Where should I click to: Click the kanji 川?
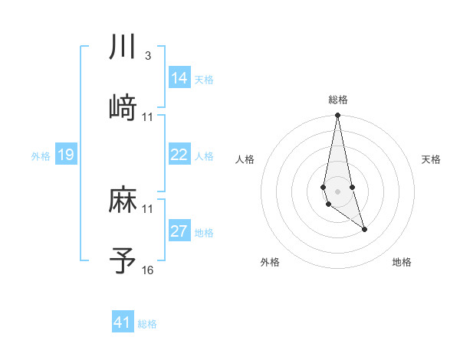[123, 47]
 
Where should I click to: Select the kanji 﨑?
[123, 107]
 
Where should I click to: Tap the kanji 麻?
[123, 201]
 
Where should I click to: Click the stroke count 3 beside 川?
[147, 57]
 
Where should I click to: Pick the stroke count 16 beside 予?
[148, 270]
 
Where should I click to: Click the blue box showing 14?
[179, 78]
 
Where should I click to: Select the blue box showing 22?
[179, 155]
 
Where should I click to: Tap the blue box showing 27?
[179, 231]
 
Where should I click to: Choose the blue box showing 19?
[66, 155]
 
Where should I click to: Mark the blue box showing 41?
[123, 322]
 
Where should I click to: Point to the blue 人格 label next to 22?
[204, 156]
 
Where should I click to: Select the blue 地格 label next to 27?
[204, 233]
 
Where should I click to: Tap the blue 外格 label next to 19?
[41, 156]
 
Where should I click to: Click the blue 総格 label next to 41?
[147, 324]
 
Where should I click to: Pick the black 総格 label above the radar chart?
[338, 100]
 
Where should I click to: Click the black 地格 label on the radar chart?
[402, 263]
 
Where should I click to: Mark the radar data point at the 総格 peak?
[337, 116]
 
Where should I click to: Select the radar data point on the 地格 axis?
[364, 229]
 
